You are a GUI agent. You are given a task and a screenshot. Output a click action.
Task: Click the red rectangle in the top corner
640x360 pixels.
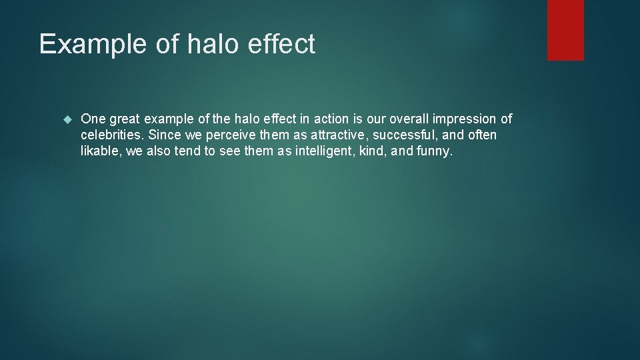(x=565, y=30)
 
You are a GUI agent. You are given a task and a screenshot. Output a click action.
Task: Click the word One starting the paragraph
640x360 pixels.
(x=92, y=119)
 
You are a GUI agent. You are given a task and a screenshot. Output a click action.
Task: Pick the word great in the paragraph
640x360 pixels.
(x=125, y=120)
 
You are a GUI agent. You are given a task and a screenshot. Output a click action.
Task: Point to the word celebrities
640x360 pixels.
(x=110, y=135)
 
